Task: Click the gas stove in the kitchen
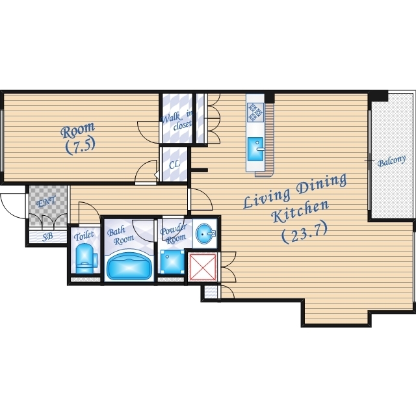point(255,112)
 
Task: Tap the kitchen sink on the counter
point(255,149)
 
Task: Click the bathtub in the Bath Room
point(129,266)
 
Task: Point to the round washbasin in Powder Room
point(205,233)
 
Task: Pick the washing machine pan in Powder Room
point(172,261)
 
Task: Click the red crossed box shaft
point(203,266)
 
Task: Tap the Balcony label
point(391,161)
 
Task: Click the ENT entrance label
point(46,201)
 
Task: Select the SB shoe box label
point(47,237)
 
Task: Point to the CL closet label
point(174,164)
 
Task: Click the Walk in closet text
point(177,121)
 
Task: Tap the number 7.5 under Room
point(80,146)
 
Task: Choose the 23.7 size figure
point(304,233)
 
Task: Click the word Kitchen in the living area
point(301,212)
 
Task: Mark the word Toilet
point(84,236)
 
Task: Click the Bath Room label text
point(120,236)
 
